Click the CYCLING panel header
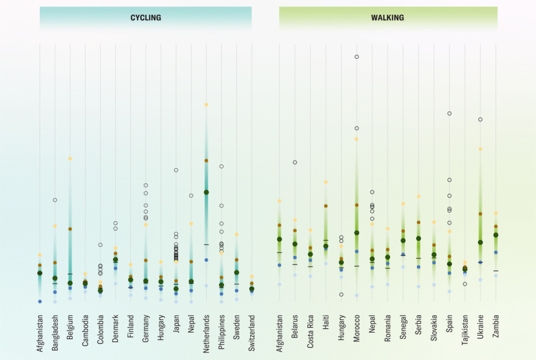pyautogui.click(x=146, y=18)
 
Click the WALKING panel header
pyautogui.click(x=387, y=18)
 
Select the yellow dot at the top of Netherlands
pyautogui.click(x=207, y=105)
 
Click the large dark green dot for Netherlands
pyautogui.click(x=207, y=193)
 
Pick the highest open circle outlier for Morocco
pyautogui.click(x=356, y=57)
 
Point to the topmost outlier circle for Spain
pyautogui.click(x=449, y=114)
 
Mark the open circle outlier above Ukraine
pyautogui.click(x=480, y=120)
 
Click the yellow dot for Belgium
pyautogui.click(x=70, y=159)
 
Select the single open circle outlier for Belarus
pyautogui.click(x=295, y=162)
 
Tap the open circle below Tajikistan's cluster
pyautogui.click(x=465, y=284)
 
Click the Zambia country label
pyautogui.click(x=496, y=325)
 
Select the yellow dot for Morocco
pyautogui.click(x=356, y=139)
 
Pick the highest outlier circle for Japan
pyautogui.click(x=176, y=170)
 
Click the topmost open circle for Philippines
pyautogui.click(x=221, y=166)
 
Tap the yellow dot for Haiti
pyautogui.click(x=326, y=182)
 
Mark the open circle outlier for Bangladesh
pyautogui.click(x=54, y=200)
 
